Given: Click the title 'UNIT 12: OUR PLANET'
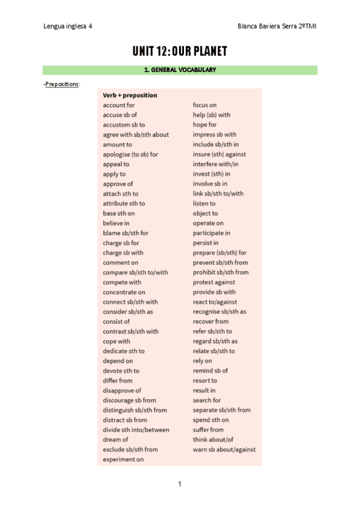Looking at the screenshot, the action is tap(180, 52).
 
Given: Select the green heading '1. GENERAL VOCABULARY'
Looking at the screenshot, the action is tap(180, 70).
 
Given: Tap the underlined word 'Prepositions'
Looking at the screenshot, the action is tap(62, 84).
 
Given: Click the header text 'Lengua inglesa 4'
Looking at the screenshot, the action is tap(68, 27).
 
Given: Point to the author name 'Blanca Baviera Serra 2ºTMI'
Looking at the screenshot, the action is tap(278, 27).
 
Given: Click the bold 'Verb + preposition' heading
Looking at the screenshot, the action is tap(130, 95).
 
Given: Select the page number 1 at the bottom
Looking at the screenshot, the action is tap(180, 484).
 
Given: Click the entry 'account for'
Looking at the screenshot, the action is tap(118, 105).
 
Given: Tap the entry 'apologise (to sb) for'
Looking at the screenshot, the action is tap(130, 155).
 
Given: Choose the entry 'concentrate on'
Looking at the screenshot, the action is tap(124, 292).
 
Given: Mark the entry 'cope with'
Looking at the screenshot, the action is tap(116, 342).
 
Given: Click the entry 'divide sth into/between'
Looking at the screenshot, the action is tap(136, 430).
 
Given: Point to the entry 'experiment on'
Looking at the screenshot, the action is tap(123, 459).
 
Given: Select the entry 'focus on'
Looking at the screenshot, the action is tap(204, 105).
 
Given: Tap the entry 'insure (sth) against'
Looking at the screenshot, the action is tap(219, 155).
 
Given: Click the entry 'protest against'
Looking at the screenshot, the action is tap(214, 282).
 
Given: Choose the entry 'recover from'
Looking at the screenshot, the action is tap(210, 322).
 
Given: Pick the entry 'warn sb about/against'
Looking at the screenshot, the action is tap(224, 449).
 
